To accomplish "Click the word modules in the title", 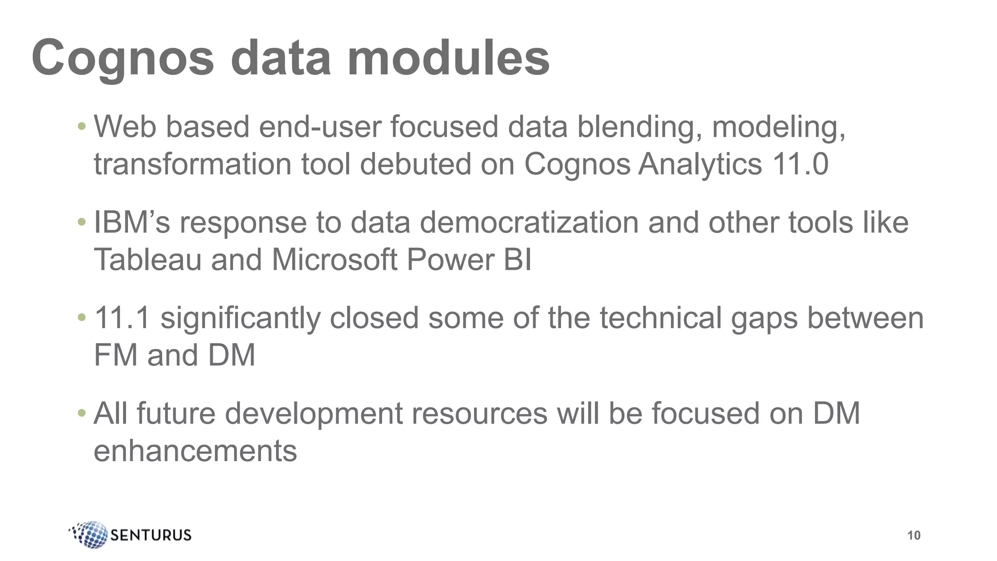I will [448, 58].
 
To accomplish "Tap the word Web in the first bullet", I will [125, 127].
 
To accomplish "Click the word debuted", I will [415, 164].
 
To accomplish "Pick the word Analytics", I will [700, 164].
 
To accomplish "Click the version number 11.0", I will [800, 164].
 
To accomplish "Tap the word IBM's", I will [132, 223].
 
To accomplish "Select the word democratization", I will [529, 223].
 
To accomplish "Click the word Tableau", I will [148, 260].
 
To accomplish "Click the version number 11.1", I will [122, 318].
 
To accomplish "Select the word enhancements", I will [195, 451].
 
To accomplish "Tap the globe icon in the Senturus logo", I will [91, 534].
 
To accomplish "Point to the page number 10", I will [914, 536].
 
